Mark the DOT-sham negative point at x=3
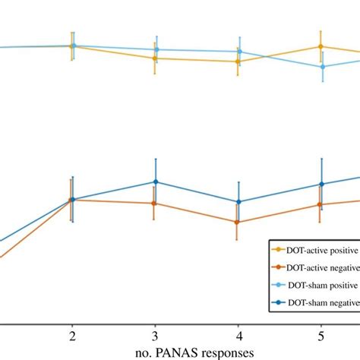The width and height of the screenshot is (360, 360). pos(156,182)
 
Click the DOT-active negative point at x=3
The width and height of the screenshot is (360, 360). pos(154,204)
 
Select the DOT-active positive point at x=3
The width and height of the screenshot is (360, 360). pos(154,58)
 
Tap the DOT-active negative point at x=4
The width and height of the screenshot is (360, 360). pos(238,223)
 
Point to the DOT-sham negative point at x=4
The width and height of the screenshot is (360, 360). pos(239,202)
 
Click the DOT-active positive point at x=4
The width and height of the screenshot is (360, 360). pos(238,62)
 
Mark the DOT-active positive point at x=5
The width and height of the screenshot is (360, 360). pos(321,46)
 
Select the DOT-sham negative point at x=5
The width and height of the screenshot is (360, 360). pos(322,184)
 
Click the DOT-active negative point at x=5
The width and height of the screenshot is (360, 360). pos(321,204)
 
